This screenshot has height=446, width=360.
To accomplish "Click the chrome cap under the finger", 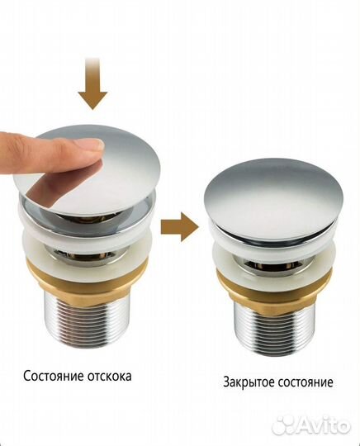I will point(124,165).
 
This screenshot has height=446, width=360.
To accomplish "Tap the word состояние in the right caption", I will point(306,382).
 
